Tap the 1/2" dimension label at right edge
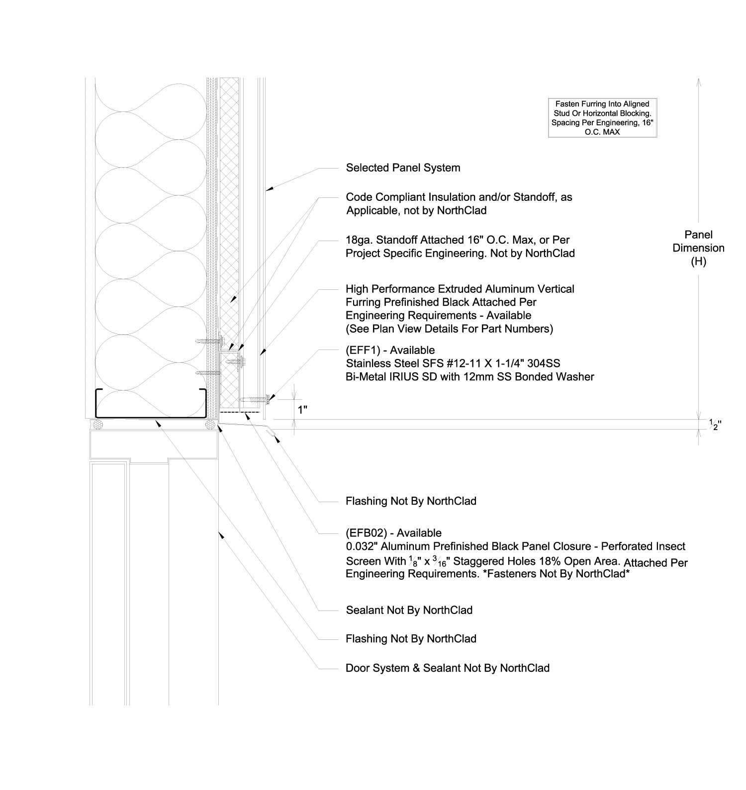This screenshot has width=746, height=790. coord(715,424)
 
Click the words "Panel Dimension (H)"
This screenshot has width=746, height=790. coord(698,248)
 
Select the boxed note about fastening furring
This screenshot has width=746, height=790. coord(602,118)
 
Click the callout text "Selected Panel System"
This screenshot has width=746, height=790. coord(403,168)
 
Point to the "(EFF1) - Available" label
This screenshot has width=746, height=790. coord(390,350)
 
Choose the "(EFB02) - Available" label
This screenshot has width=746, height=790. coord(393,533)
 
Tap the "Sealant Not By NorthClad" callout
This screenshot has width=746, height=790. coord(409,610)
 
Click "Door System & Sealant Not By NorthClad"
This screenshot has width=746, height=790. coord(447,668)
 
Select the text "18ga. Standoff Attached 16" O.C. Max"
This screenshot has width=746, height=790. coord(458,240)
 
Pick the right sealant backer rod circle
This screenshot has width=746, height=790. coord(211,425)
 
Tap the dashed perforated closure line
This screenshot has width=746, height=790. coord(240,412)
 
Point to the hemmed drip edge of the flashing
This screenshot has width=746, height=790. coord(271,435)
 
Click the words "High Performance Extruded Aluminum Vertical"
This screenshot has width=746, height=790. coord(460,289)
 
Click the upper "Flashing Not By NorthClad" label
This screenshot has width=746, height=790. coord(411,501)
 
